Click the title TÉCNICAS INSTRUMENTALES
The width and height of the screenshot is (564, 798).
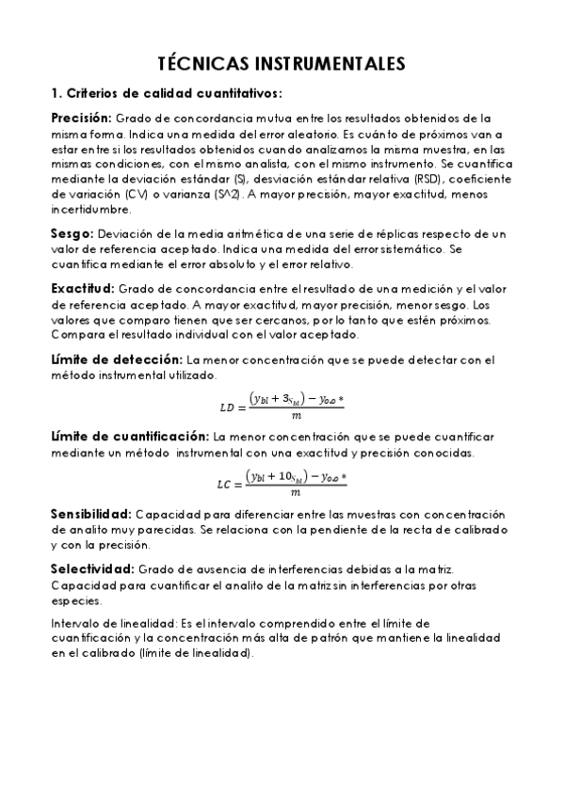(x=282, y=63)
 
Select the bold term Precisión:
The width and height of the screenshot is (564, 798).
(x=81, y=119)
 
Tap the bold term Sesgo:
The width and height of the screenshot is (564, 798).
(x=71, y=232)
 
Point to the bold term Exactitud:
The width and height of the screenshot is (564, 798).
(x=82, y=289)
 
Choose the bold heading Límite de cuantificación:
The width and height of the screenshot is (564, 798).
(x=129, y=438)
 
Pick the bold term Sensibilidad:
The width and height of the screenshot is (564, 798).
(x=90, y=515)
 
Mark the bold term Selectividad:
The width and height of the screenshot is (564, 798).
(x=91, y=570)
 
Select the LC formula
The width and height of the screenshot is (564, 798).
(x=282, y=482)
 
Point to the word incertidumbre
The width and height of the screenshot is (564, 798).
(x=93, y=210)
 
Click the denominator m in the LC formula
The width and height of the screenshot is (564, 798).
(x=296, y=492)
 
